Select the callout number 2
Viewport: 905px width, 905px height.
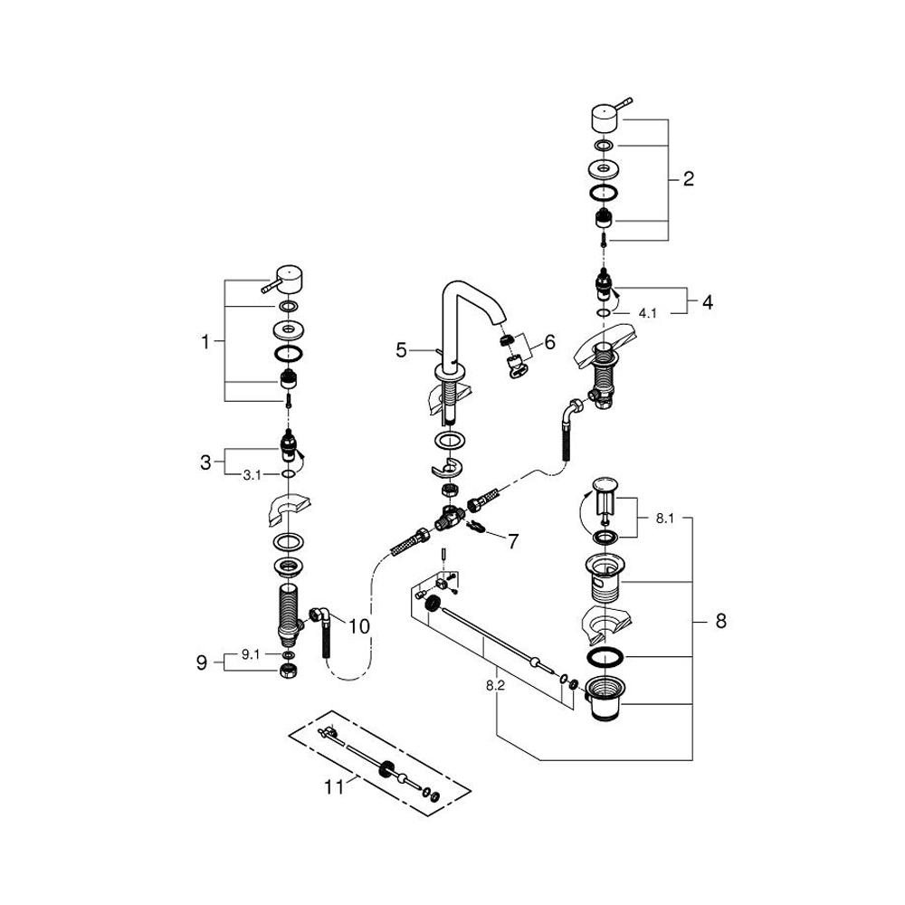tap(689, 179)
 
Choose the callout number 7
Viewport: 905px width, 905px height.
tap(512, 541)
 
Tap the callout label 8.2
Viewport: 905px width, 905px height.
tap(494, 686)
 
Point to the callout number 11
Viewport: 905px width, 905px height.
tap(335, 787)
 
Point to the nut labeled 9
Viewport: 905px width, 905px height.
tap(287, 672)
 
